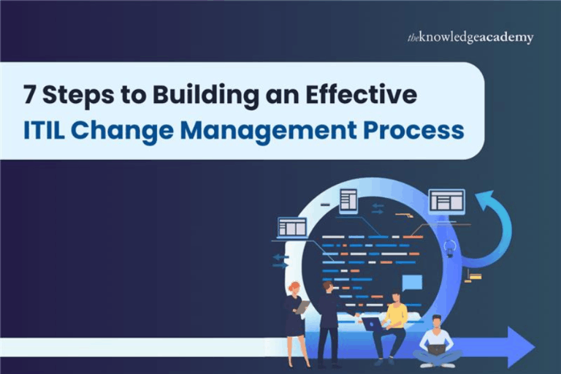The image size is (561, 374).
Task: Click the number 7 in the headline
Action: coord(28,96)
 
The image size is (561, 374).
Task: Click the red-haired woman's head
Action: coord(294,287)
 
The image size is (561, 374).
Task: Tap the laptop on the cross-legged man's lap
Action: coord(436,350)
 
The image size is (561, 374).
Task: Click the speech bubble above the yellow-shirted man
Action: coord(412,283)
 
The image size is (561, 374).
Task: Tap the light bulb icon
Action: coord(450,247)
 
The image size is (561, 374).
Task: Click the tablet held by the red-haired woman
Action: coord(303,307)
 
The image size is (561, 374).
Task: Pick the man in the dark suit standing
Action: coord(328,321)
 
